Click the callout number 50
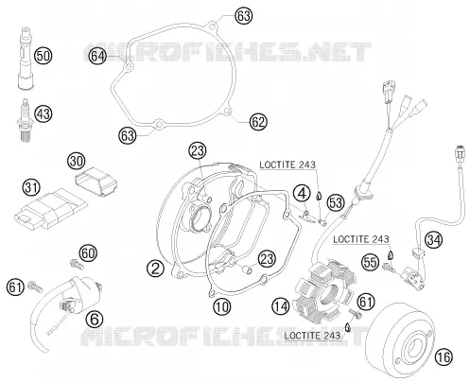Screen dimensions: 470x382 pos(44,56)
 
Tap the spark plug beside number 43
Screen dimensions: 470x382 pos(25,120)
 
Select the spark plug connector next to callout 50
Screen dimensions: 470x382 pos(25,59)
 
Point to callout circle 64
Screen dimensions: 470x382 pos(97,57)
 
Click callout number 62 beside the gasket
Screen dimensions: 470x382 pos(258,122)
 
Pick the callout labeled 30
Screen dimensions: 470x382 pos(77,161)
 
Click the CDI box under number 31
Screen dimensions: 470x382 pos(50,209)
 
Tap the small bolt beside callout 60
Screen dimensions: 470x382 pos(76,264)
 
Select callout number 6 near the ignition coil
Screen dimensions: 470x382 pos(95,319)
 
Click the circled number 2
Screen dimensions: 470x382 pos(155,269)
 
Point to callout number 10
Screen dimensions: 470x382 pos(222,306)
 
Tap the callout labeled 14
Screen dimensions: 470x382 pos(281,306)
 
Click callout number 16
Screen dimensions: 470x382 pos(444,357)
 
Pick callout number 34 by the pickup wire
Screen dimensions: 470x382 pos(433,240)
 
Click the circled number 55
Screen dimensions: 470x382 pos(370,262)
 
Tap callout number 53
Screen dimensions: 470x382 pos(335,202)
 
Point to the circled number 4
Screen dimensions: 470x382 pos(302,193)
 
